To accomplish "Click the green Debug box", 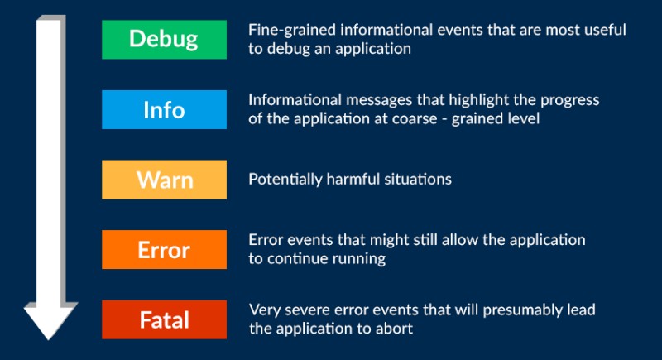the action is pos(164,39).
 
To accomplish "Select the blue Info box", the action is pos(164,109).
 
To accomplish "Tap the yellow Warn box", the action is pos(164,180).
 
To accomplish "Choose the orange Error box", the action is pos(164,249).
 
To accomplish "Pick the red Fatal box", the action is pos(164,319).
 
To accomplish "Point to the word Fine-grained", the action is pos(292,31).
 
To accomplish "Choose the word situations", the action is pos(418,180).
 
